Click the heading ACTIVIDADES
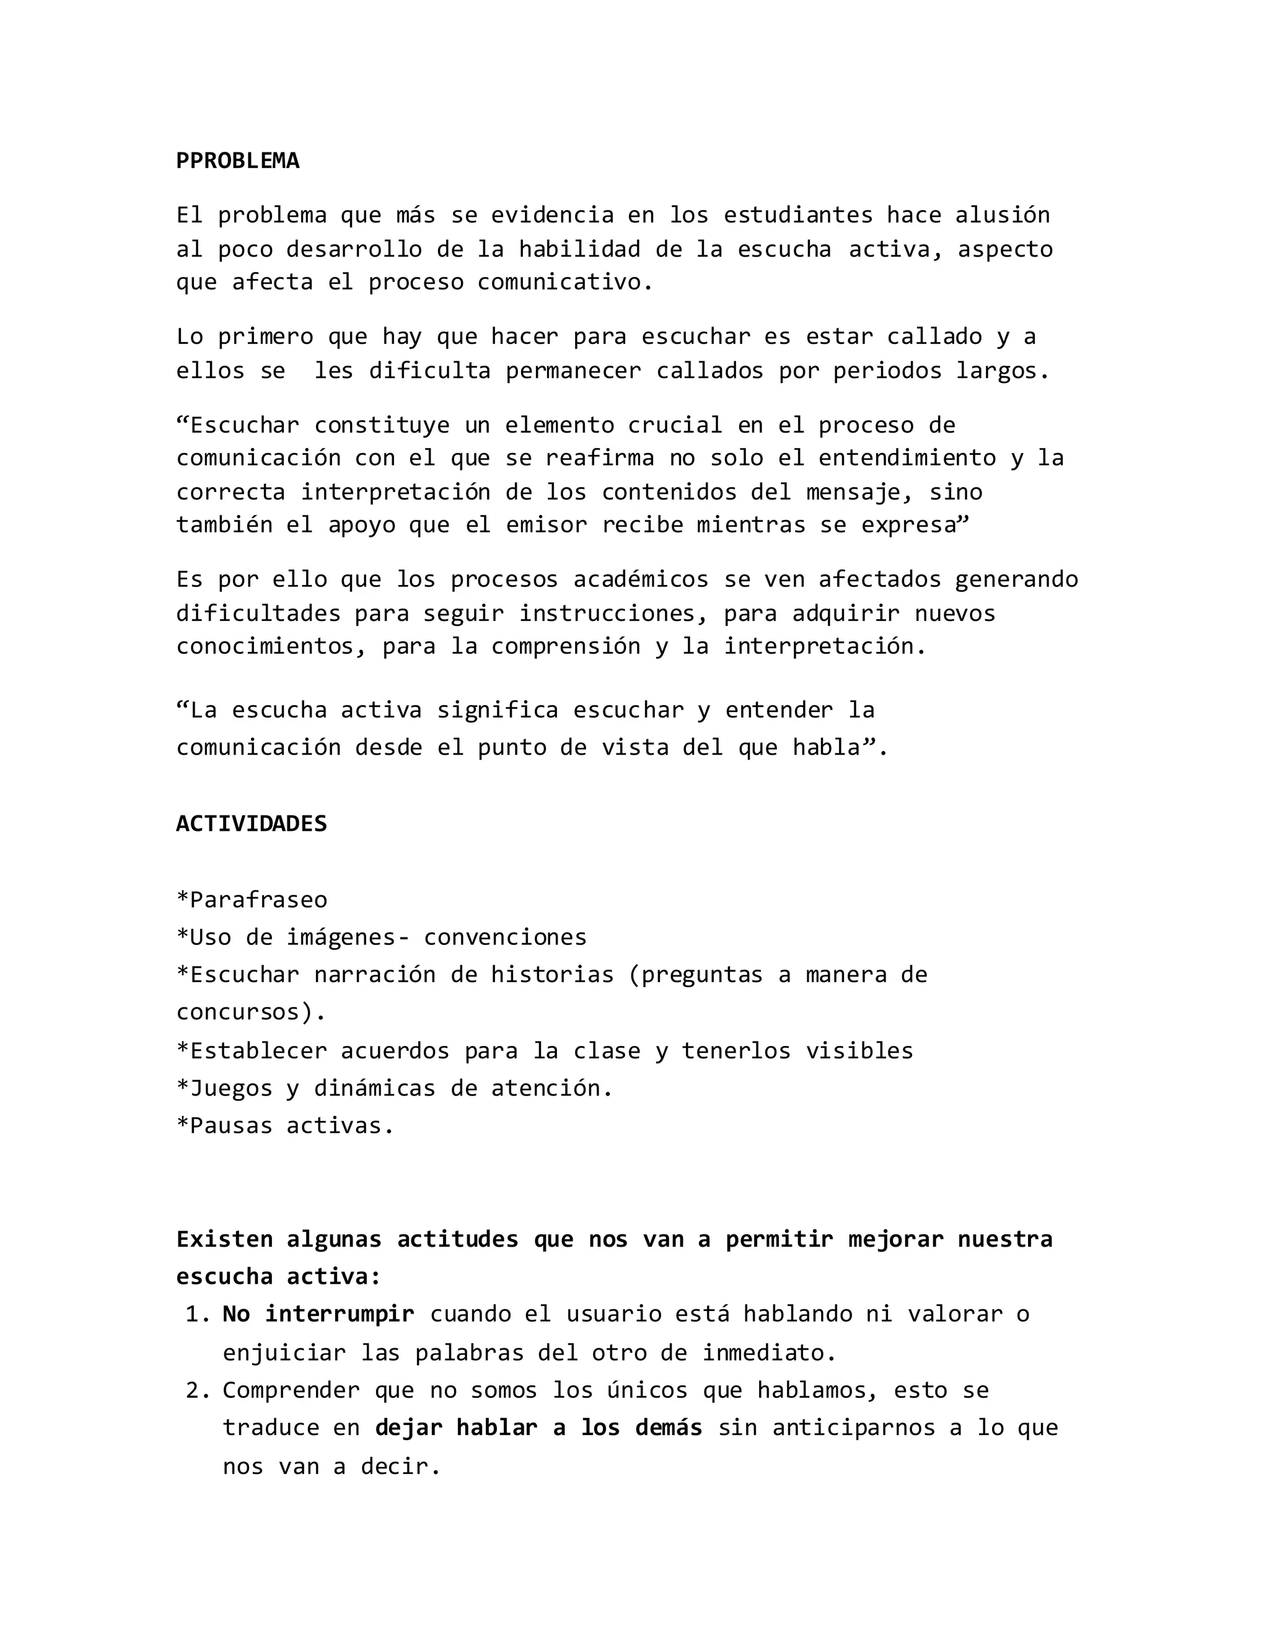(x=251, y=824)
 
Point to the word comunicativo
(x=564, y=283)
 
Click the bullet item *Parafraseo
(x=251, y=900)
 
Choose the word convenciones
(x=504, y=937)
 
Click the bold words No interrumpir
(x=318, y=1314)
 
